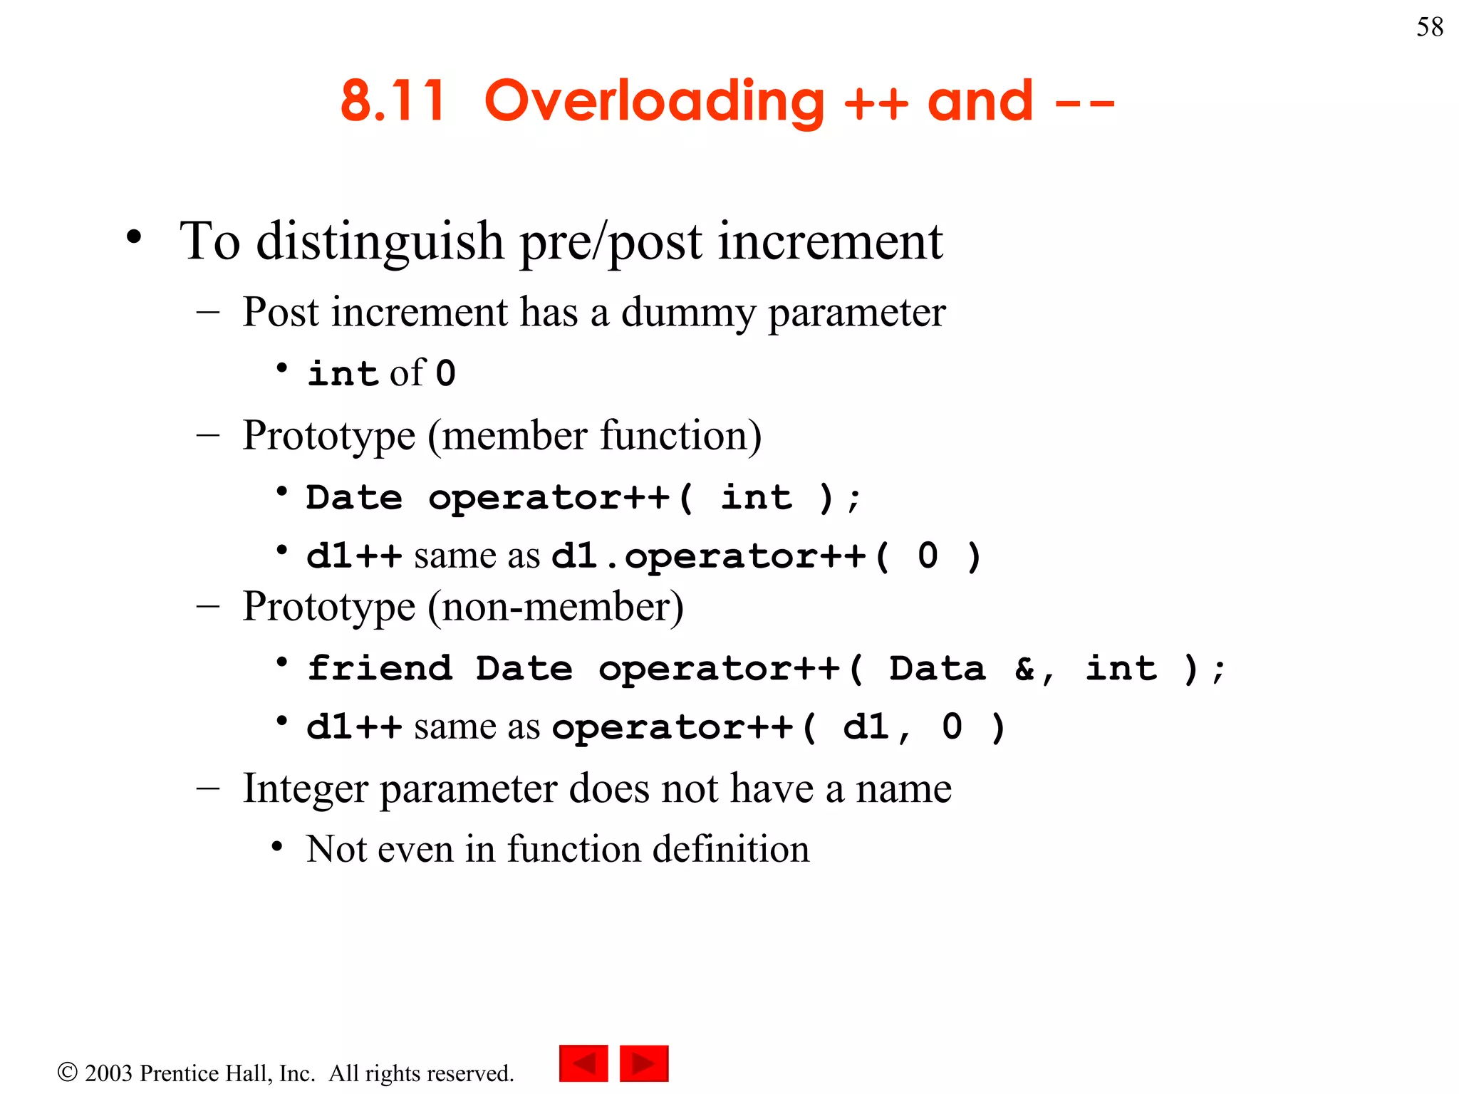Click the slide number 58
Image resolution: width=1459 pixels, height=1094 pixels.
click(1429, 27)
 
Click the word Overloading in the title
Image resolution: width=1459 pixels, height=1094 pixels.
click(654, 101)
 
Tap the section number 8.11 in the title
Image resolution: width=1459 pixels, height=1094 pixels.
click(393, 101)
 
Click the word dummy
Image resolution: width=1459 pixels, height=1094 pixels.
click(688, 313)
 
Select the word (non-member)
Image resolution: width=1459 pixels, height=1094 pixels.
click(556, 607)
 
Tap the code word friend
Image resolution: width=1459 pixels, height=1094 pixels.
click(380, 668)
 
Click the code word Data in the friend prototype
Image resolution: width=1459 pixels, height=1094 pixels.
click(937, 668)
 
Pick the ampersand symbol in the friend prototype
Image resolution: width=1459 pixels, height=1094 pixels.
click(1025, 668)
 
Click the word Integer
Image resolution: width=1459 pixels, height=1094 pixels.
click(304, 788)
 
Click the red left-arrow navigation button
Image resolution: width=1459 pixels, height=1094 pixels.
click(583, 1063)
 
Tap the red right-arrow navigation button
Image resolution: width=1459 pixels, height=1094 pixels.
click(644, 1063)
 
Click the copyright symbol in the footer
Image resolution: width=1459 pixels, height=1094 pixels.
click(67, 1072)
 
